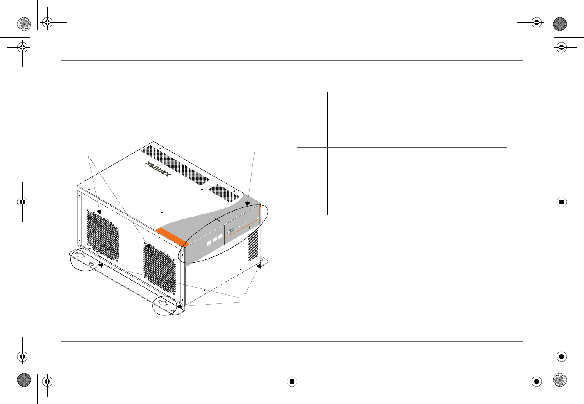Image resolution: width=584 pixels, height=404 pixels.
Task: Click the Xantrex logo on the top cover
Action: coord(158,169)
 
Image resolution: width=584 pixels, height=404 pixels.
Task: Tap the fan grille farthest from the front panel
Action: coord(102,236)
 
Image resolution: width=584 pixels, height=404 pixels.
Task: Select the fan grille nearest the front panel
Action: coord(159,268)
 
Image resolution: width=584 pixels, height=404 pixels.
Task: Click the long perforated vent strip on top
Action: coord(175,165)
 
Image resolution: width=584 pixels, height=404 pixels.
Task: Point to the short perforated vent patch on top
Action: coord(223,193)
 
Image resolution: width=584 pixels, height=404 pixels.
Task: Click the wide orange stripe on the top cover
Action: coord(172,237)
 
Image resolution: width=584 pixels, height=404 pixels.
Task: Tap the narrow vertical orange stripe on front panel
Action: coord(260,215)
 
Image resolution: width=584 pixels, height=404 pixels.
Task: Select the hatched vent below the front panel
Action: coord(253,245)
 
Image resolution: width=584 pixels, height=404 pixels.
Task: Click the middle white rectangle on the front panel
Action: coord(215,240)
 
